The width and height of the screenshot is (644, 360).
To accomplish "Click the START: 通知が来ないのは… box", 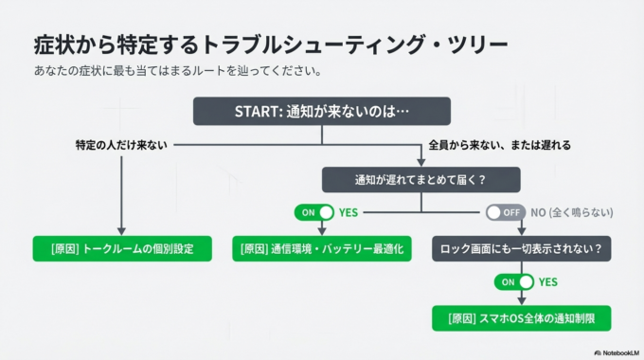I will coord(322,112).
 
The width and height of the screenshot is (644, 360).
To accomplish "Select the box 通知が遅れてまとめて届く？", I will coord(421,180).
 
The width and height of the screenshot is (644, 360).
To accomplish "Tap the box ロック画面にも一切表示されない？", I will coord(522,249).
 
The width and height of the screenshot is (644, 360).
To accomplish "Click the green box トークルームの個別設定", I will coord(122,249).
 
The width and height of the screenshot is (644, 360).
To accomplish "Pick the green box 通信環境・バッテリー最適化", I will coord(322,249).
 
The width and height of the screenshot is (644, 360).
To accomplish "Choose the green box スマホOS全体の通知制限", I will coord(522,317).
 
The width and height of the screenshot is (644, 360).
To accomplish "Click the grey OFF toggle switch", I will coord(505,212).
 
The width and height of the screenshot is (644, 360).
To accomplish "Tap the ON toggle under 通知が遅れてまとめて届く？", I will coord(313,212).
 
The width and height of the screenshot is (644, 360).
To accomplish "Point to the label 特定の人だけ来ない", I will coord(121,145).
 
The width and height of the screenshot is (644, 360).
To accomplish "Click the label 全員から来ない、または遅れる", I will coord(499,145).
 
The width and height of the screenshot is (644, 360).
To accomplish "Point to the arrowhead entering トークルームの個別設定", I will coord(122,231).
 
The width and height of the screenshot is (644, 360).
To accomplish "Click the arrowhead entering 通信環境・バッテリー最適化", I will coord(322,231).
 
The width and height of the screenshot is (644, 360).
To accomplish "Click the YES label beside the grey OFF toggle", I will coord(349,212).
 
